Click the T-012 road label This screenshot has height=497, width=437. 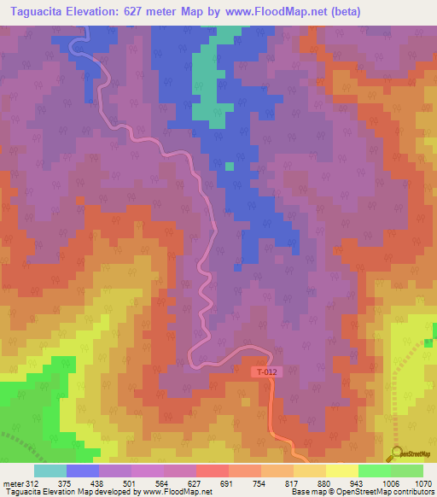pos(266,372)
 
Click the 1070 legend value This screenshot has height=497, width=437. pos(423,482)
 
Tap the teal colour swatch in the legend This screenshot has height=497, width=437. pos(50,471)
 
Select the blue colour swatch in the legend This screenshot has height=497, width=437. pos(82,471)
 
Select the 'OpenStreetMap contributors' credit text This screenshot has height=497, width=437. pos(383,492)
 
